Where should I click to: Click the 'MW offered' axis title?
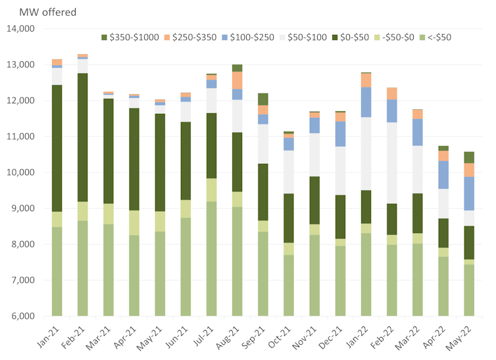point(39,12)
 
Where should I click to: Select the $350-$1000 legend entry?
point(131,37)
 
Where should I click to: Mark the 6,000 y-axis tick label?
point(23,316)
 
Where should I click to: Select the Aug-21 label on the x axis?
point(233,336)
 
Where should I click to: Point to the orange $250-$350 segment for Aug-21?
point(237,80)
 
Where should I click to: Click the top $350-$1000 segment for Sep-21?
point(262,99)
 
